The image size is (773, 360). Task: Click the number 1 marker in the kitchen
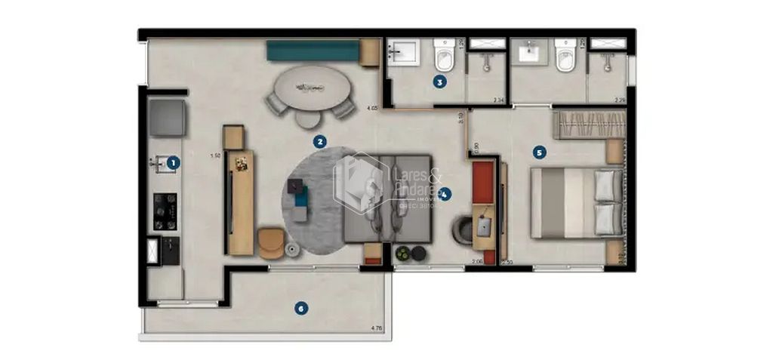[173, 162]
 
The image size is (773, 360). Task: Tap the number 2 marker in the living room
[320, 141]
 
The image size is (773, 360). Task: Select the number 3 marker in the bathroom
[439, 81]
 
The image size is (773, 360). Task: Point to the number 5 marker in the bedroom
[538, 152]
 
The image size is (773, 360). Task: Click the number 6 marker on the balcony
[301, 308]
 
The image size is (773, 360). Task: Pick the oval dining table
[311, 88]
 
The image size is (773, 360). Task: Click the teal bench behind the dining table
[313, 51]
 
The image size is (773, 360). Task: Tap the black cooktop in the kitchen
[165, 211]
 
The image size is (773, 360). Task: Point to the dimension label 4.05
[370, 108]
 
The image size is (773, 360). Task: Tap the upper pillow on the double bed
[607, 186]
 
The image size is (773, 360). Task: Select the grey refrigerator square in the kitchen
[167, 118]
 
